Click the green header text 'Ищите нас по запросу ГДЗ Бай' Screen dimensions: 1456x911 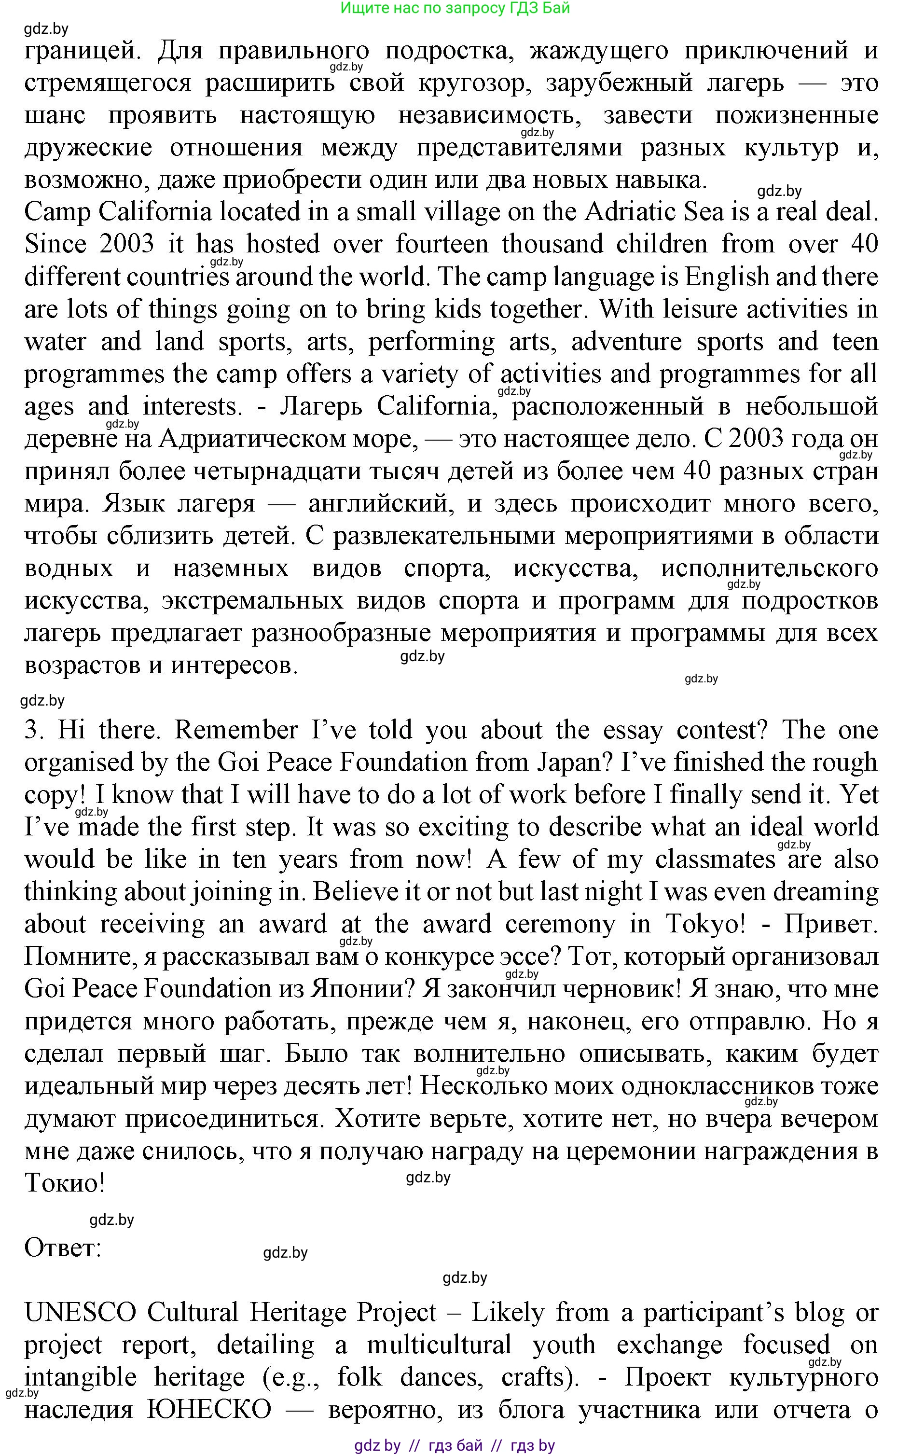pos(455,8)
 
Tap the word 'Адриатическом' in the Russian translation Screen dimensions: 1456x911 pos(250,439)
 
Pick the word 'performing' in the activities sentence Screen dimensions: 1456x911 pos(431,342)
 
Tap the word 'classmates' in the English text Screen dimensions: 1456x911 pos(715,860)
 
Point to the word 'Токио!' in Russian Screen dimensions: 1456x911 pos(65,1184)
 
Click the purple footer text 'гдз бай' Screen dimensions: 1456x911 pos(455,1445)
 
